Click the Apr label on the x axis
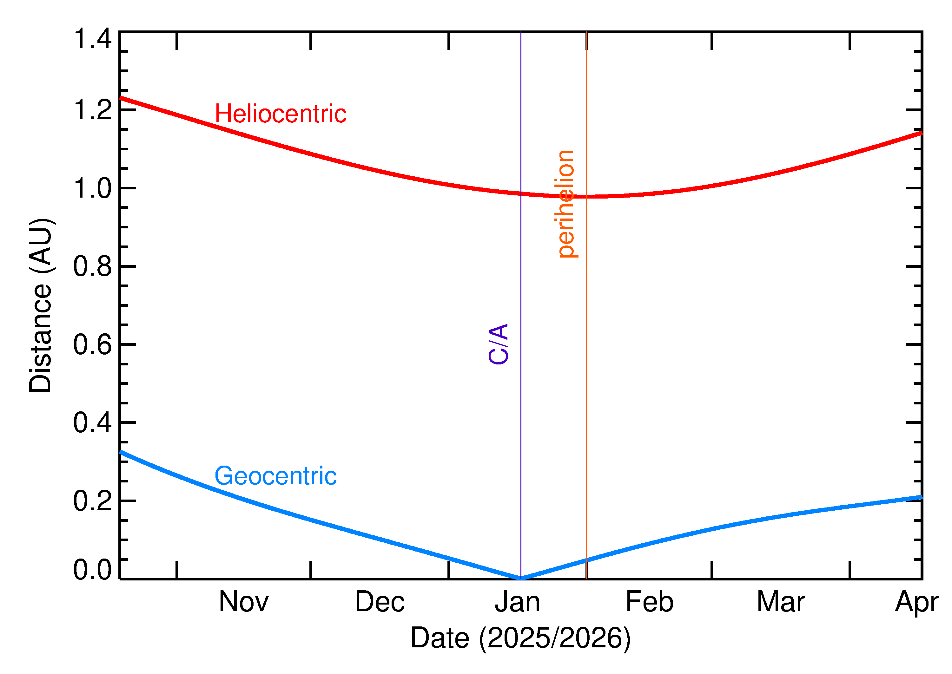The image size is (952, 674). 916,603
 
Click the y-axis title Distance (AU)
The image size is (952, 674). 40,305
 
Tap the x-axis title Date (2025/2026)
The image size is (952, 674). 520,638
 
